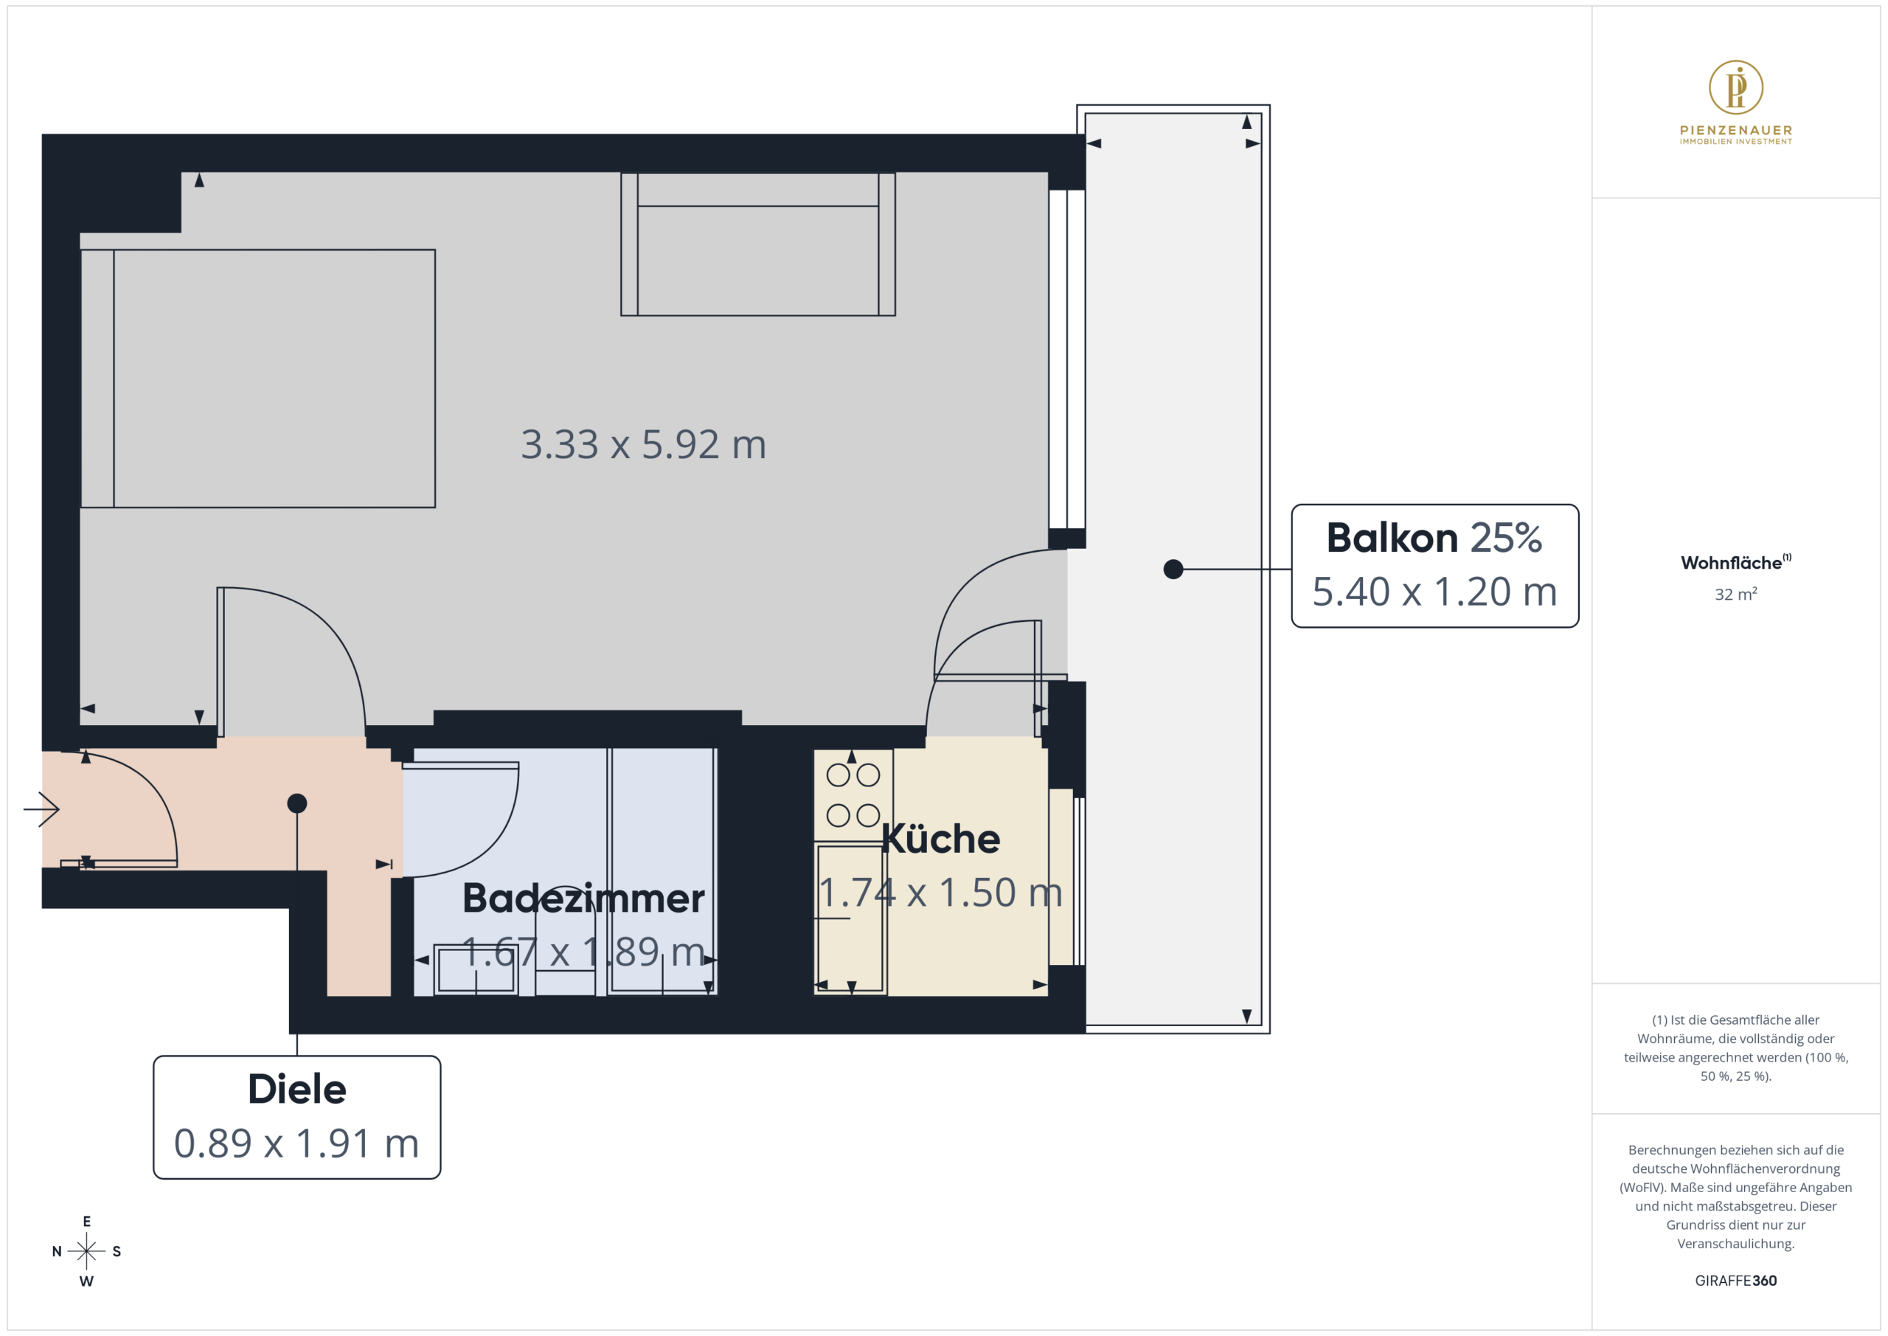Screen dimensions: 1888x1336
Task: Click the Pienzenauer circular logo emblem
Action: tap(1735, 87)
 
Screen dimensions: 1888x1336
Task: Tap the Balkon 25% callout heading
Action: tap(1434, 538)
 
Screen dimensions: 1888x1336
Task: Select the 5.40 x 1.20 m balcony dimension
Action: tap(1434, 592)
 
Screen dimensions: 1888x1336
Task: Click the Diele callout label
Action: tap(297, 1089)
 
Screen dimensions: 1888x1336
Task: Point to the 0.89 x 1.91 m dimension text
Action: tap(297, 1143)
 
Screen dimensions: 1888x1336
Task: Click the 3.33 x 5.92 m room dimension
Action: tap(643, 444)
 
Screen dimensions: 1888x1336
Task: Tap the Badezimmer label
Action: tap(583, 898)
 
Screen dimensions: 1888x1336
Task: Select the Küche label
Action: tap(941, 839)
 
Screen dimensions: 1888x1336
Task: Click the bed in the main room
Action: tap(257, 378)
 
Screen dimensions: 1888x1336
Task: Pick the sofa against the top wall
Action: tap(757, 244)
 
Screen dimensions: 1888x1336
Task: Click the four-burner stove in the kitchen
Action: tap(853, 795)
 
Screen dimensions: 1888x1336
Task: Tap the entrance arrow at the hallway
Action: tap(41, 809)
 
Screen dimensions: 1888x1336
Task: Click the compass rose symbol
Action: tap(86, 1251)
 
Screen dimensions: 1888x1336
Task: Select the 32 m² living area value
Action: tap(1735, 594)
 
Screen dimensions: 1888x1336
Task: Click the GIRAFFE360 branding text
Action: tap(1735, 1281)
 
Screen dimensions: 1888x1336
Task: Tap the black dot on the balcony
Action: tap(1173, 570)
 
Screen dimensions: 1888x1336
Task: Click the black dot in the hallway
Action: tap(297, 803)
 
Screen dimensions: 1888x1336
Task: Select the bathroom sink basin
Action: tap(475, 970)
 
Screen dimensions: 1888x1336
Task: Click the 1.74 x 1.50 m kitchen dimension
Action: tap(941, 893)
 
